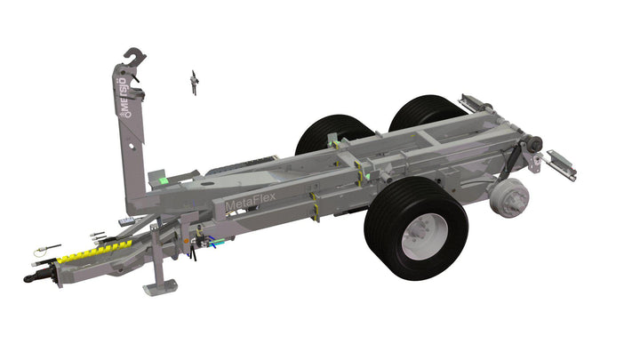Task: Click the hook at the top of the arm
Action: coord(135,56)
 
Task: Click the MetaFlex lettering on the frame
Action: coord(250,202)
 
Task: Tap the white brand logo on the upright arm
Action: coord(124,97)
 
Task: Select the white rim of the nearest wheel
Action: coord(425,236)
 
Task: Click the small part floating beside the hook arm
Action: coord(195,82)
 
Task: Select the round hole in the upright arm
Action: coord(132,146)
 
